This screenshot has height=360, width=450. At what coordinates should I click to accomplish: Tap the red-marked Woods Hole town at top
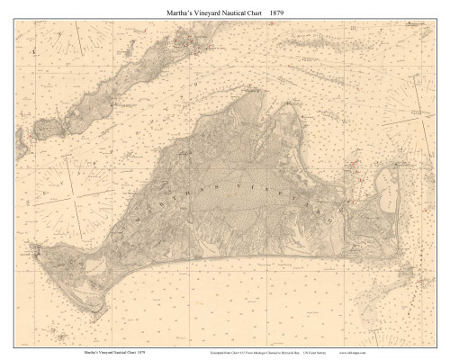click(184, 40)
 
